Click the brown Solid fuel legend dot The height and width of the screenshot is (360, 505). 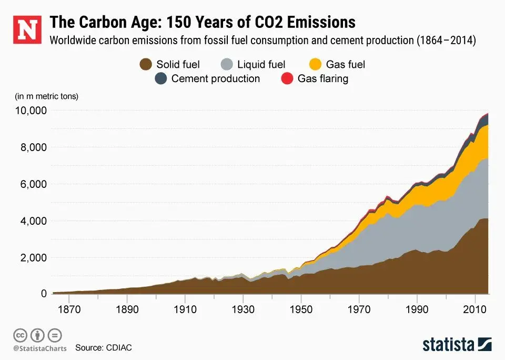(146, 65)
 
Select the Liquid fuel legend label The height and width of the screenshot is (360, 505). (261, 65)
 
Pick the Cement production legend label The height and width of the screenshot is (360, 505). (216, 79)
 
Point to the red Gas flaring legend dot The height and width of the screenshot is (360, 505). (287, 79)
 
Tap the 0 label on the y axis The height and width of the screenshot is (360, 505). (44, 294)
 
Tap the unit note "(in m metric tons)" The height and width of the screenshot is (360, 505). (47, 96)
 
